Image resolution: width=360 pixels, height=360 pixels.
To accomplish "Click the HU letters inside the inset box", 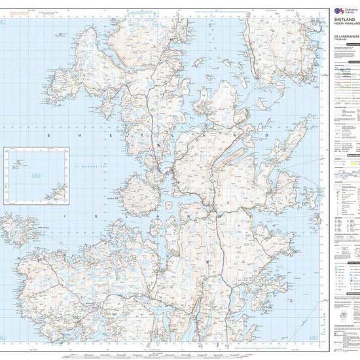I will click(37, 176).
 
